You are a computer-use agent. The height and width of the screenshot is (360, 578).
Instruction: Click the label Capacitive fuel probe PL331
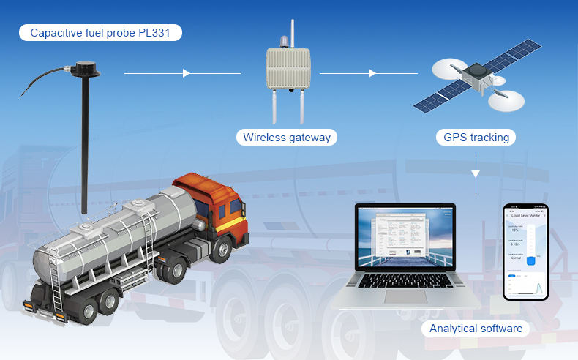tap(101, 33)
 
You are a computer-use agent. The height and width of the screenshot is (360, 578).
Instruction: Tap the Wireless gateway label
tap(286, 137)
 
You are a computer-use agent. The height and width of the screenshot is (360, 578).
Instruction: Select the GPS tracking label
tap(476, 137)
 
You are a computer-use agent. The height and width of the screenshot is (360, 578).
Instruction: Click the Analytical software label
tap(476, 329)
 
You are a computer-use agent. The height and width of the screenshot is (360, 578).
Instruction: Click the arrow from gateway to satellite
tap(372, 73)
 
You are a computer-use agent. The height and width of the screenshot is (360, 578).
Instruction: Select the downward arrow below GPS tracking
tap(476, 174)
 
